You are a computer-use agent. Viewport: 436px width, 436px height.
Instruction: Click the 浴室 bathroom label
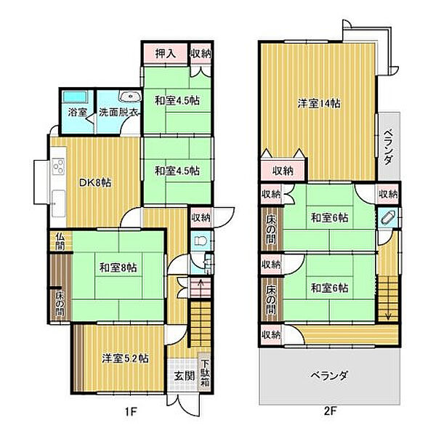coord(77,113)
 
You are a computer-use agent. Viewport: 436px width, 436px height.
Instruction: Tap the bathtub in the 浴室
coord(76,97)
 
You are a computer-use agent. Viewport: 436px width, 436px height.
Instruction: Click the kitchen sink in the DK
coord(58,203)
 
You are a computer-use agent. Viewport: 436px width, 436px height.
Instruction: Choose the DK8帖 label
coord(95,183)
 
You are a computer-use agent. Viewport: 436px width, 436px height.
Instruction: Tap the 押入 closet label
coord(166,53)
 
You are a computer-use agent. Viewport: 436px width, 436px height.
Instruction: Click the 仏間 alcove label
coord(60,241)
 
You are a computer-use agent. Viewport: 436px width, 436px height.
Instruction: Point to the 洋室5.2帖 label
coord(125,358)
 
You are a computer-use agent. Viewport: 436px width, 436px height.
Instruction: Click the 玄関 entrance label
coord(185,376)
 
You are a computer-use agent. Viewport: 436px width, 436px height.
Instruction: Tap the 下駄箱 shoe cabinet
coord(205,373)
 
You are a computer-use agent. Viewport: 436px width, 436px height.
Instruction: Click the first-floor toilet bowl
coord(200,241)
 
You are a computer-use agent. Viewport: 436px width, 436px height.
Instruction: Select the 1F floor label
coord(130,411)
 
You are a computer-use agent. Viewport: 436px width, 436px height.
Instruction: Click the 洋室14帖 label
coord(319,104)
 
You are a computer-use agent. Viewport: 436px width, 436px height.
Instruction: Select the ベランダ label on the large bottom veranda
coord(329,376)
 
